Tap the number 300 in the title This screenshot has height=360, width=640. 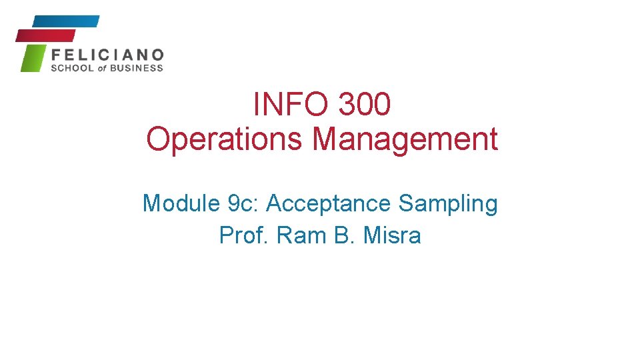click(x=364, y=105)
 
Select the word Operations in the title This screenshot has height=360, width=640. click(x=225, y=139)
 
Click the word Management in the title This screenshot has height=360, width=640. click(x=405, y=139)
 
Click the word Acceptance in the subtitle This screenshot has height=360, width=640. click(x=329, y=203)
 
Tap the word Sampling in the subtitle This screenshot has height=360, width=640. click(x=448, y=203)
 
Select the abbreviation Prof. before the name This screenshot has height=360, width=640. click(x=242, y=235)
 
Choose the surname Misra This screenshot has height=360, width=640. click(x=393, y=235)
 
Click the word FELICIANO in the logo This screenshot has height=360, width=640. click(x=107, y=54)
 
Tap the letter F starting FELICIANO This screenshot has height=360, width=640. click(x=56, y=54)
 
